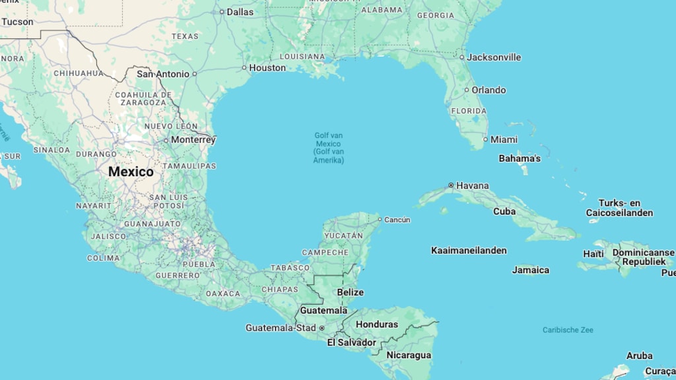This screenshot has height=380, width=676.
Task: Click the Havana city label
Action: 472,185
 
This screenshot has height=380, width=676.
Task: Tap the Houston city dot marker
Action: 244,67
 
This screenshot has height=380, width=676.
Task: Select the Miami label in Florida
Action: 504,139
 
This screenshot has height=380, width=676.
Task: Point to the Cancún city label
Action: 397,220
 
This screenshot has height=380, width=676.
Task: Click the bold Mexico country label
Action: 131,172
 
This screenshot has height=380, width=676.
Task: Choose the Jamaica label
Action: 531,270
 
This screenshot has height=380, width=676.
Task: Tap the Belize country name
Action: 350,292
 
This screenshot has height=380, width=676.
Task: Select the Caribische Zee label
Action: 568,330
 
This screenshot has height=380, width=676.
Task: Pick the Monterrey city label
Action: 193,140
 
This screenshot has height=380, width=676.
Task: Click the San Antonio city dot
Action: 194,74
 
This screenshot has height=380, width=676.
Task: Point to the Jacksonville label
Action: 494,57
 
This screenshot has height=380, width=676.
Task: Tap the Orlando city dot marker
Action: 466,90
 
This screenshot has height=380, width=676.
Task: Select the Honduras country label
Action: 377,324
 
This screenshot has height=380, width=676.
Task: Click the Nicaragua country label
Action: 409,355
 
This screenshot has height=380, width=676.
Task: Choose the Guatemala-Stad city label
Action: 281,327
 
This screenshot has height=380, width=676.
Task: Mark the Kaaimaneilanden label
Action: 469,250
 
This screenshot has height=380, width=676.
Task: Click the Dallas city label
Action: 240,12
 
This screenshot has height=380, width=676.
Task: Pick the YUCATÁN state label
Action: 343,236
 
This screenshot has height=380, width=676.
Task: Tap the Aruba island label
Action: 639,356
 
